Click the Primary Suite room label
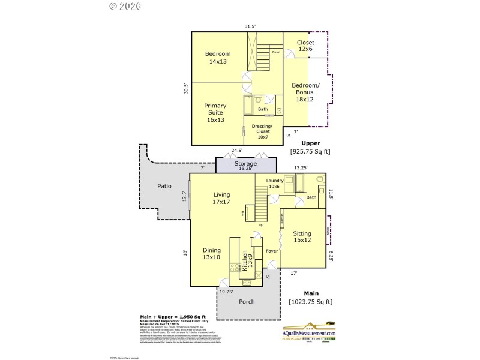click(215, 113)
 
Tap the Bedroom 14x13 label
click(217, 58)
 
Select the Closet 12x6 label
click(305, 46)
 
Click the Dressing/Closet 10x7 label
click(263, 131)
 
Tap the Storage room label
click(245, 164)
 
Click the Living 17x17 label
click(221, 198)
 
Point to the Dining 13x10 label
click(211, 254)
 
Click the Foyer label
click(272, 251)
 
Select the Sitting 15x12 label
click(302, 237)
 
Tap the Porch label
click(247, 301)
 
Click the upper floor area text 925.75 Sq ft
click(310, 152)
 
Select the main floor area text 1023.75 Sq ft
click(310, 302)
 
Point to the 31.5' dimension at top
click(250, 26)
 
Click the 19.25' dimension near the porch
click(226, 292)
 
